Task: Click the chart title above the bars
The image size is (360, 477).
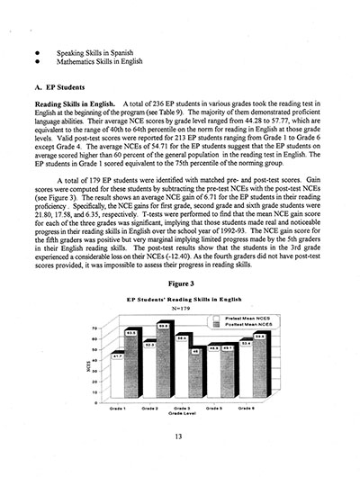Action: tap(185, 298)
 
